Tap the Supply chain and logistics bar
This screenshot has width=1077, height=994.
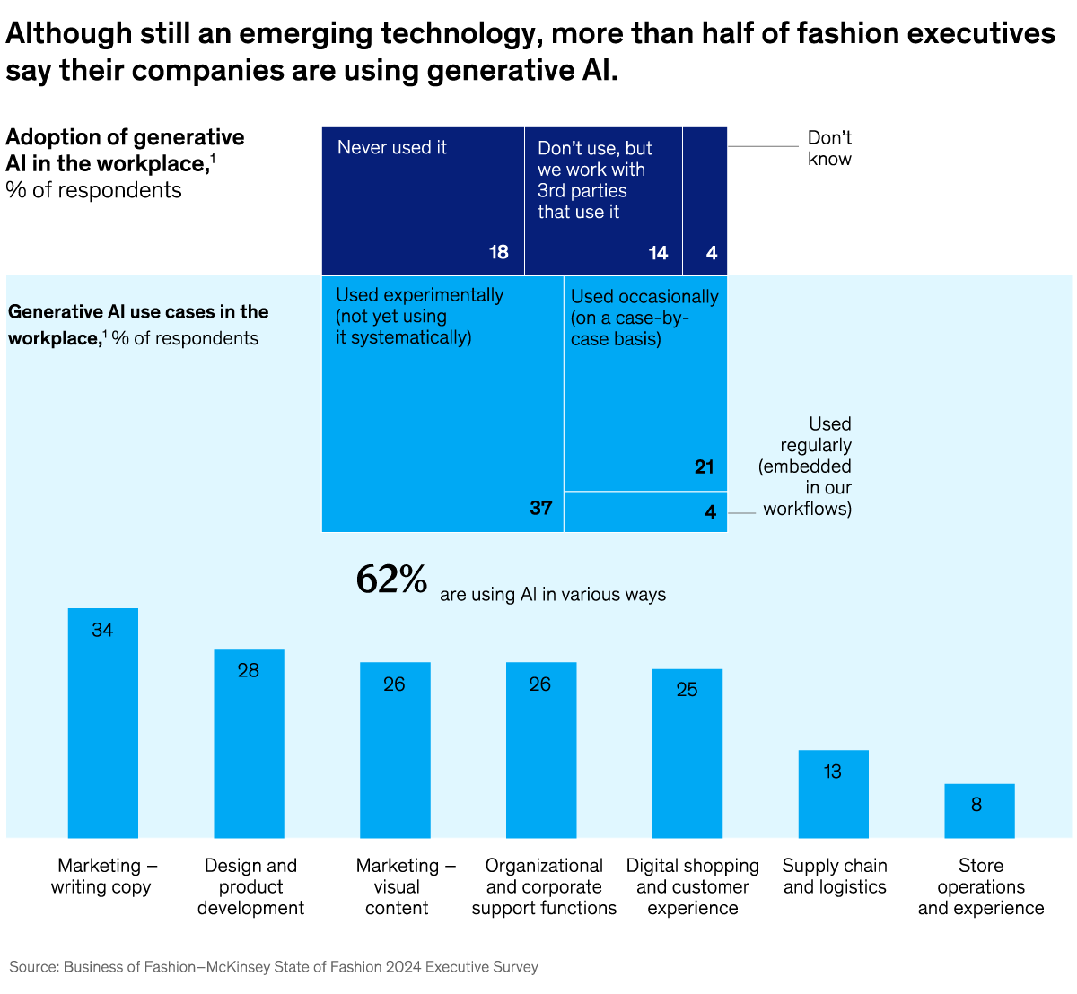pos(833,794)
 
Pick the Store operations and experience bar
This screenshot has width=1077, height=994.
pos(979,811)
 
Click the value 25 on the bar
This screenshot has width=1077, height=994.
pos(687,690)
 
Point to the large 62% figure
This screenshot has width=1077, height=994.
pos(391,580)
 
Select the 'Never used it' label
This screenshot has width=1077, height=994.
pos(391,148)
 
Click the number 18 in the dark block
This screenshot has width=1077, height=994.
pos(498,253)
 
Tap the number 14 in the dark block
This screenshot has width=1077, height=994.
pos(658,253)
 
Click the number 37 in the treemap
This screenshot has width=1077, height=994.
pos(540,509)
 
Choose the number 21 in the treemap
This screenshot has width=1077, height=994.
pos(704,466)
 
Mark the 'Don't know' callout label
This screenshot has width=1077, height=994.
pos(829,149)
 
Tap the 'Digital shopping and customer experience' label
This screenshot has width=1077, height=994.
pos(692,886)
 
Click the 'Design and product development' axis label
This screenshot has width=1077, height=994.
pos(250,886)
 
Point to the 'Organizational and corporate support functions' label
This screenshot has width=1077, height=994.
pos(544,886)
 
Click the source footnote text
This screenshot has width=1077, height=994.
pos(274,967)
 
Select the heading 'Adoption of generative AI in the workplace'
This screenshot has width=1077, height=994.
pos(125,151)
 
